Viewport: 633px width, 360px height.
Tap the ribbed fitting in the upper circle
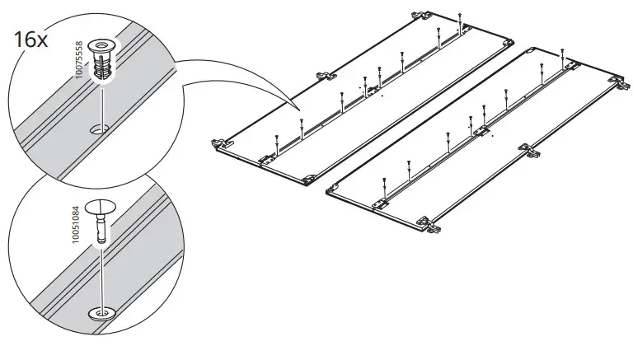tap(102, 58)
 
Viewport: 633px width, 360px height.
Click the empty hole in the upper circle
tap(101, 128)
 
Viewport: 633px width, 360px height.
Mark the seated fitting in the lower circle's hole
tap(103, 313)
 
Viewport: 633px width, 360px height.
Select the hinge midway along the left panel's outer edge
tap(321, 76)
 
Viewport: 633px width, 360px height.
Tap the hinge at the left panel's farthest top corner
tap(421, 15)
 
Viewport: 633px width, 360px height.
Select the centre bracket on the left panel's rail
tap(372, 89)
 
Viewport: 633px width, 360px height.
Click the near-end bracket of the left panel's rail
tap(267, 157)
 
